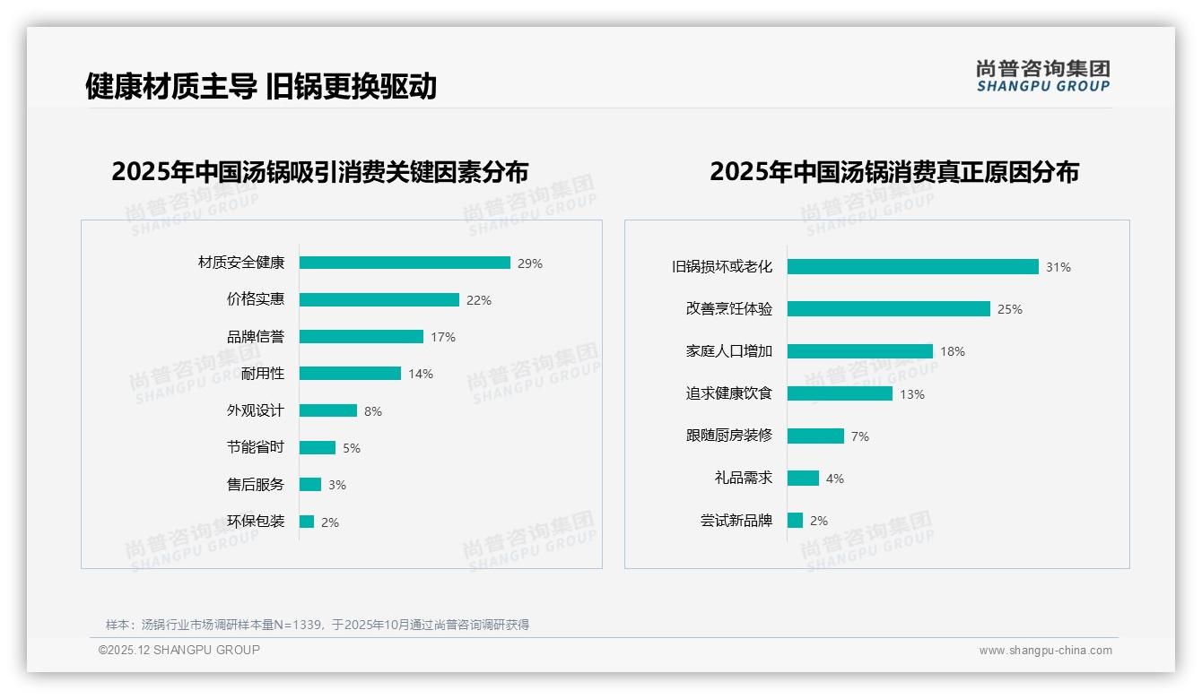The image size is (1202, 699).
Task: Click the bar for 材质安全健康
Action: (x=405, y=263)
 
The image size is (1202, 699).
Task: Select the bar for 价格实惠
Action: (x=379, y=300)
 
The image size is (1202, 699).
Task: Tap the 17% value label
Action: (x=443, y=337)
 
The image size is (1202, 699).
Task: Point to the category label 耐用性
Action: (x=263, y=374)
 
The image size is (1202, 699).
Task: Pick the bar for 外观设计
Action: (x=327, y=410)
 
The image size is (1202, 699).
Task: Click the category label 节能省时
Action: (x=256, y=447)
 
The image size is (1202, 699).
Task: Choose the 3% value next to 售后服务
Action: (x=336, y=485)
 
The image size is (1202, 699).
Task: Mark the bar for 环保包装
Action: (x=307, y=522)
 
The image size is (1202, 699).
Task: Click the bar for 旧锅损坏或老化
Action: (x=912, y=266)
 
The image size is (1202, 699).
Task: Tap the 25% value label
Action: (x=1010, y=309)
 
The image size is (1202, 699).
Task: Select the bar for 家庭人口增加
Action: (x=859, y=351)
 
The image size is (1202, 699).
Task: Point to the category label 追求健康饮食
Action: (x=729, y=393)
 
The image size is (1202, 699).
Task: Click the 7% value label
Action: (x=859, y=436)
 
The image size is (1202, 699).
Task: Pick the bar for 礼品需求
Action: (x=803, y=479)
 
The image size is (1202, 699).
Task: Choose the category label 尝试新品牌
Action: (x=736, y=521)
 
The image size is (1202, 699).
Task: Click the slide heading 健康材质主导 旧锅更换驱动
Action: (x=261, y=86)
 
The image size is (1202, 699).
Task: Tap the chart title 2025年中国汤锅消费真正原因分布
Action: (x=893, y=171)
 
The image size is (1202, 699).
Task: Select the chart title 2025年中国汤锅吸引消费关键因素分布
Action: (x=320, y=171)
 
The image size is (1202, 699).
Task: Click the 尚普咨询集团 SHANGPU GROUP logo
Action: (x=1042, y=76)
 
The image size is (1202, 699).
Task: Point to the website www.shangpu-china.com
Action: (x=1045, y=651)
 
